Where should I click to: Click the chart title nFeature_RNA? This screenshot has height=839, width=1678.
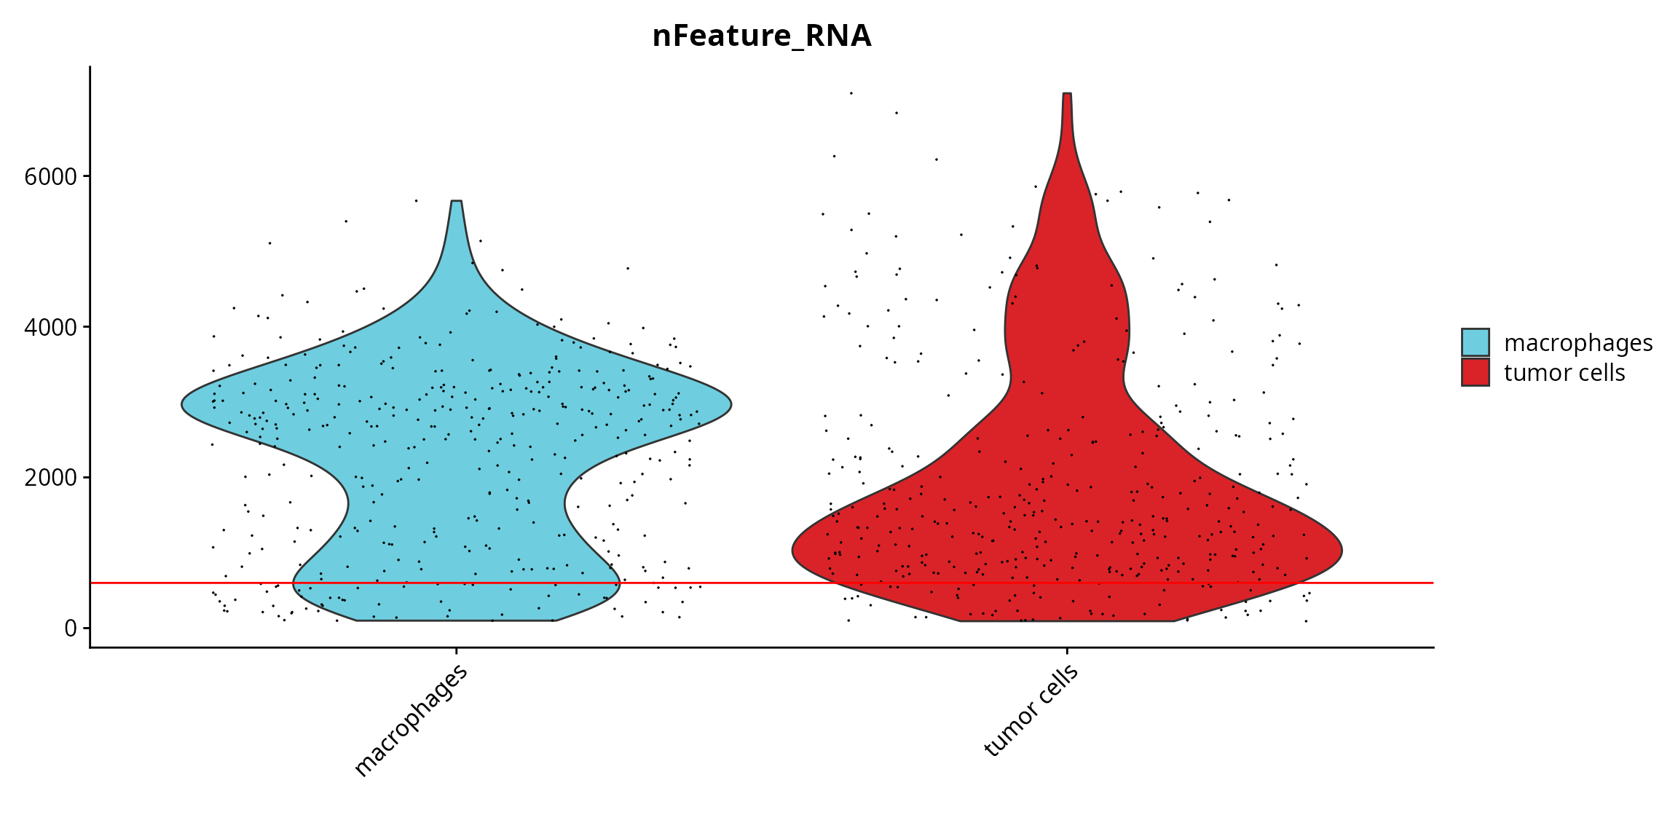[762, 36]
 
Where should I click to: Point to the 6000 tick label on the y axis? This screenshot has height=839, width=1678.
[50, 177]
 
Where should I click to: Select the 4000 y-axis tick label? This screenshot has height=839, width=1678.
[50, 328]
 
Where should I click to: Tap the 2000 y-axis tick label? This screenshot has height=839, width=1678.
[50, 478]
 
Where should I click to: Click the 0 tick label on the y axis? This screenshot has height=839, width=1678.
[71, 628]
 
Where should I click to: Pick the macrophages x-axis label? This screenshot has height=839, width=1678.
[411, 721]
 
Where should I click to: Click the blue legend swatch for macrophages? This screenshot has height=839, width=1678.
[1475, 342]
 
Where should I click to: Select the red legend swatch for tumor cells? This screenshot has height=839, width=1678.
[1475, 372]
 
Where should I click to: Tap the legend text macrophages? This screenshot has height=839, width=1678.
[1578, 343]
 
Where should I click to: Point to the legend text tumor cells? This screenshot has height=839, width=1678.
[1564, 373]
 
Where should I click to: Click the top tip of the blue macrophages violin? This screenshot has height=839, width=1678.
[457, 201]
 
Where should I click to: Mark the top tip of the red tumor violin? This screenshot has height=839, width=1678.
[1067, 94]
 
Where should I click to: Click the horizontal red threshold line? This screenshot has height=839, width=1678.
[762, 583]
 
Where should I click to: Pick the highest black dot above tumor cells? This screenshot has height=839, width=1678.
[851, 93]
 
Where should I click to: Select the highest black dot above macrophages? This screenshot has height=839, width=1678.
[416, 200]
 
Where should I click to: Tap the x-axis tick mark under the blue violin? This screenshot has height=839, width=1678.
[457, 651]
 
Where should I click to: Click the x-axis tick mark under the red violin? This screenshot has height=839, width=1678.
[1067, 651]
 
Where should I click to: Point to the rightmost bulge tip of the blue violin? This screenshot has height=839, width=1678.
[730, 405]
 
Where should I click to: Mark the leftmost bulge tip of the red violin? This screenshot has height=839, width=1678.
[793, 551]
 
